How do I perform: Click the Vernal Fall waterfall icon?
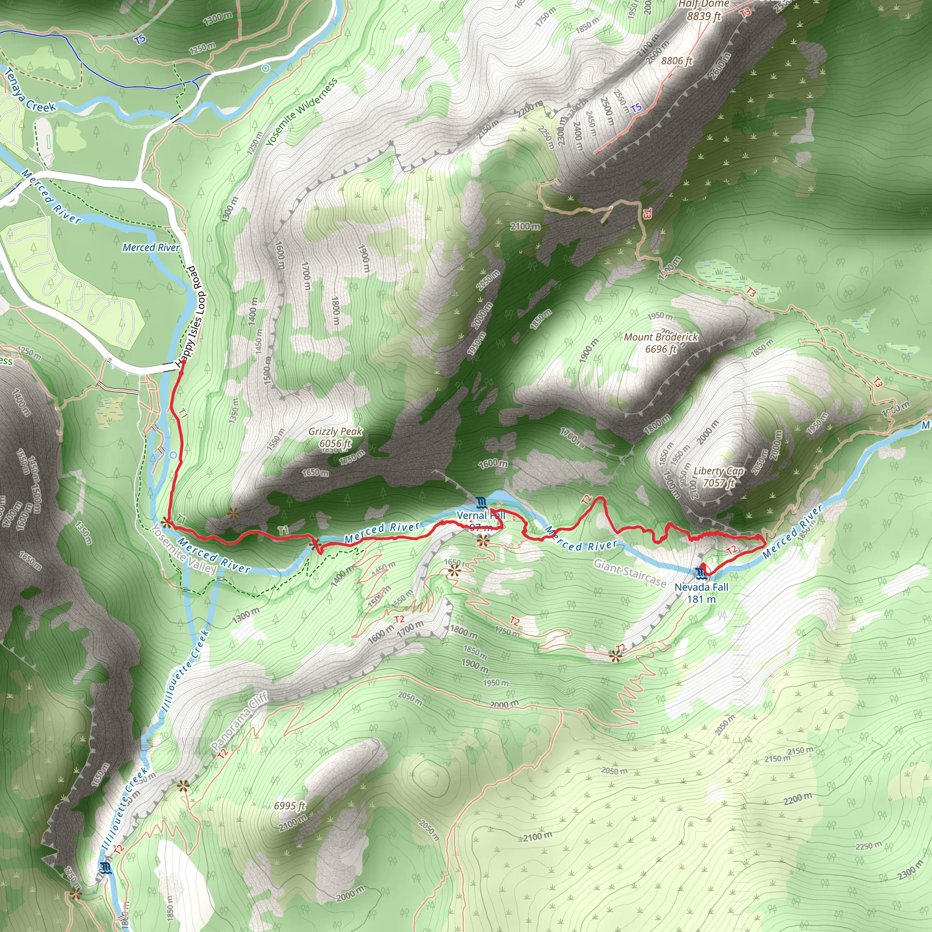pyautogui.click(x=481, y=503)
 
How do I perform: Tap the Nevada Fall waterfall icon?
pyautogui.click(x=700, y=573)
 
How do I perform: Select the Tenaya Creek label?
pyautogui.click(x=29, y=91)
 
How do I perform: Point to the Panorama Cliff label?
pyautogui.click(x=239, y=722)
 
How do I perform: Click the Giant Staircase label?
pyautogui.click(x=629, y=572)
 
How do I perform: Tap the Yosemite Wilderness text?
pyautogui.click(x=302, y=112)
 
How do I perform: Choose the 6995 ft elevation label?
pyautogui.click(x=289, y=805)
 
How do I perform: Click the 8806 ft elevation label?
pyautogui.click(x=676, y=61)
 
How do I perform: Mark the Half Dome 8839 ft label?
pyautogui.click(x=704, y=10)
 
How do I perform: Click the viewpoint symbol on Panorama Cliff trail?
pyautogui.click(x=182, y=786)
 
